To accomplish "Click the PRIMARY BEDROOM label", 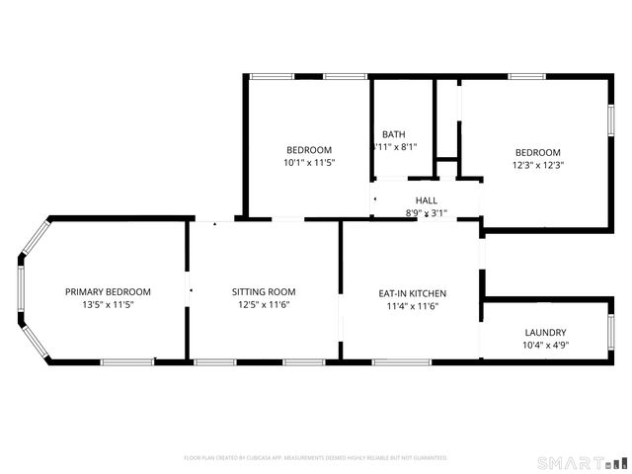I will click(108, 291).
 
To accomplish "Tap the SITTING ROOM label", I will click(264, 291).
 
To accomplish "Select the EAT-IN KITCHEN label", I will click(413, 293).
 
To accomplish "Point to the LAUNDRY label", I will click(545, 333).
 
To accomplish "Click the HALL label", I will click(427, 200).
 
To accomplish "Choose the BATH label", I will click(393, 134).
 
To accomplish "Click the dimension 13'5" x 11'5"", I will click(108, 305).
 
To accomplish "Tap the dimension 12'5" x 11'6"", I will click(264, 305).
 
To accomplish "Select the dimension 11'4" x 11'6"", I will click(413, 306).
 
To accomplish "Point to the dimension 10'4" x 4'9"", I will click(545, 346).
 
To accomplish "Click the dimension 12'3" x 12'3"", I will click(537, 165).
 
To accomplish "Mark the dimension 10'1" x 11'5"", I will click(309, 163).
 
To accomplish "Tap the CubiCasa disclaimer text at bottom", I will click(316, 458).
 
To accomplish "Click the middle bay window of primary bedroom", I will click(20, 291).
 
